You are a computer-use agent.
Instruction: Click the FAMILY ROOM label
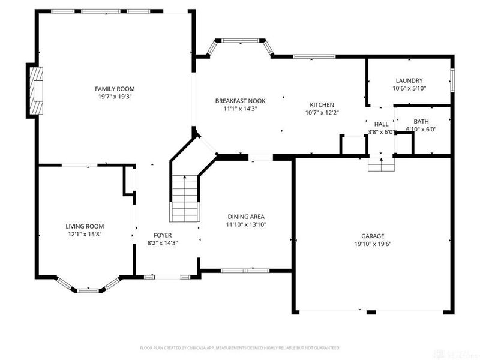pyautogui.click(x=114, y=88)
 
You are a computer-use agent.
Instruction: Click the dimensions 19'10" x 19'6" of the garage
pyautogui.click(x=373, y=244)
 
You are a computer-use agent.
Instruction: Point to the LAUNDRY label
pyautogui.click(x=409, y=80)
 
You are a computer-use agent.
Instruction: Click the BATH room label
pyautogui.click(x=421, y=121)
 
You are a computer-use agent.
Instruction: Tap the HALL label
pyautogui.click(x=382, y=124)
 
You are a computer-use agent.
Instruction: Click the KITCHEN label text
pyautogui.click(x=322, y=104)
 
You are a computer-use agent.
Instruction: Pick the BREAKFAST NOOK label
pyautogui.click(x=240, y=101)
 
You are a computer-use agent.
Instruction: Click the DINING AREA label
pyautogui.click(x=246, y=217)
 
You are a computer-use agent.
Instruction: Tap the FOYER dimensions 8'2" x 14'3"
pyautogui.click(x=162, y=243)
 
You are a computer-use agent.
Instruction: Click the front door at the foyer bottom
pyautogui.click(x=167, y=277)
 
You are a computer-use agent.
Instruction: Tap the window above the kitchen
pyautogui.click(x=314, y=57)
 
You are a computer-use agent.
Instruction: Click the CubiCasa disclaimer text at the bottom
pyautogui.click(x=240, y=347)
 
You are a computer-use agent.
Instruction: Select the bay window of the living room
pyautogui.click(x=88, y=290)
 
